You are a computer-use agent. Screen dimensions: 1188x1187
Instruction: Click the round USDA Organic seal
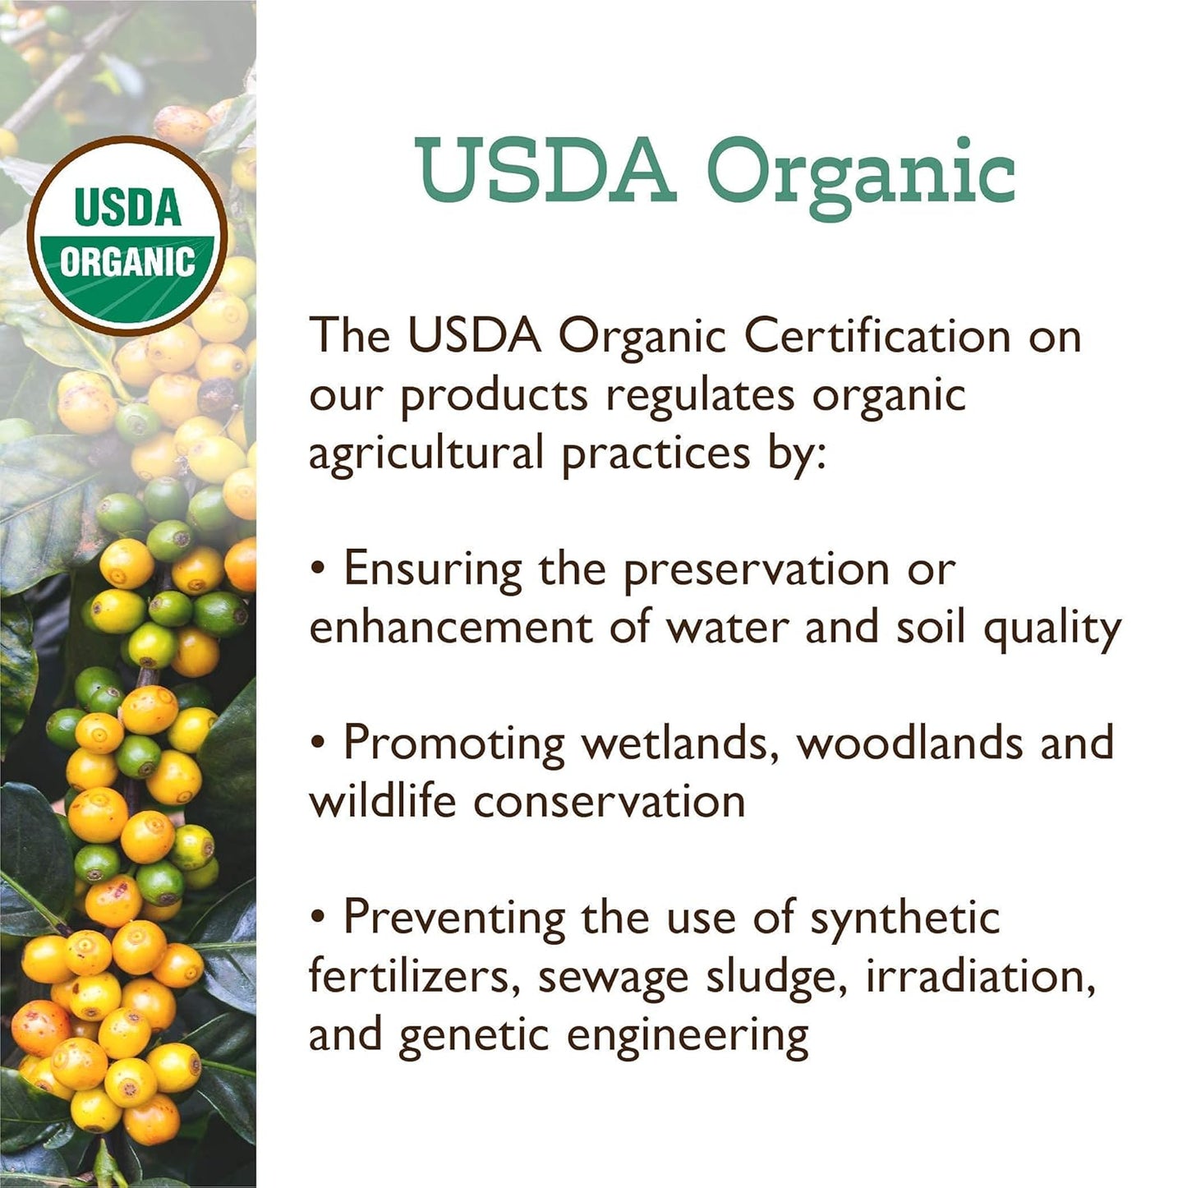coord(127,235)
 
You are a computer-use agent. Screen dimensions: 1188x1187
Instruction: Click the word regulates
coord(700,394)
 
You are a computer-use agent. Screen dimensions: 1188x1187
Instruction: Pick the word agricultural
coord(426,454)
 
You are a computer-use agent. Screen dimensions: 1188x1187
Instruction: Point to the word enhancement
coord(450,627)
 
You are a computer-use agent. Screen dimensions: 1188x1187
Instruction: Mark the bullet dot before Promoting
coord(318,741)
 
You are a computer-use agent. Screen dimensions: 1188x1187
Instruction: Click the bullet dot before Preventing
coord(318,916)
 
